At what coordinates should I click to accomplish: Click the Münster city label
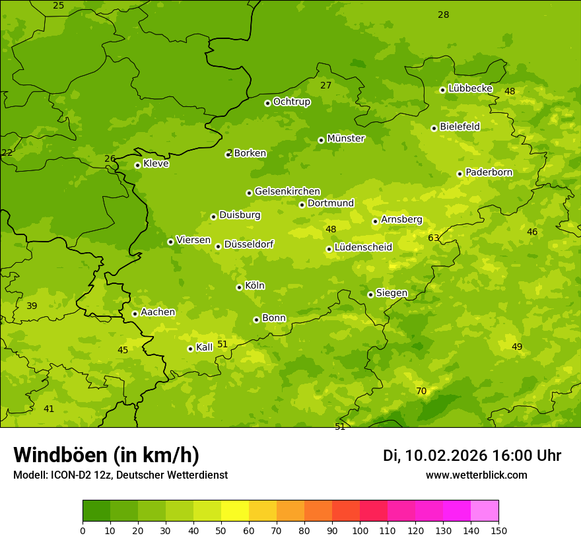[345, 139]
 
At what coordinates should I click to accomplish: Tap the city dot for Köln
[239, 287]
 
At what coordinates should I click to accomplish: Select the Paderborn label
[489, 172]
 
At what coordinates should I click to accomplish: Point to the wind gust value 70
[421, 391]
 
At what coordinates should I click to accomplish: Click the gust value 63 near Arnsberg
[434, 238]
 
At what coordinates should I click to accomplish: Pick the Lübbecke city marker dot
[442, 90]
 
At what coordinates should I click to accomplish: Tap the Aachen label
[158, 312]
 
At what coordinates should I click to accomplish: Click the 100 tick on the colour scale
[360, 530]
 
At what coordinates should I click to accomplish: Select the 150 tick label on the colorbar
[498, 530]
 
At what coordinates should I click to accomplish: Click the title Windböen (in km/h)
[106, 455]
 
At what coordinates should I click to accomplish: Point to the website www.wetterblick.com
[476, 475]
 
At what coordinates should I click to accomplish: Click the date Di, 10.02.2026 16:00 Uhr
[472, 456]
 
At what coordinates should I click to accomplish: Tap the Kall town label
[204, 347]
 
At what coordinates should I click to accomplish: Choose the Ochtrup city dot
[267, 103]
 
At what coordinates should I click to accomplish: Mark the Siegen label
[392, 293]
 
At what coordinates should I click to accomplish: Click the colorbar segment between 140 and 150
[485, 511]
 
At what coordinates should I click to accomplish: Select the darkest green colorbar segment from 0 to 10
[96, 511]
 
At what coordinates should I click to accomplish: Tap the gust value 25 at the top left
[59, 6]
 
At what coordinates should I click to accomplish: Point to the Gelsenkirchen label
[287, 191]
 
